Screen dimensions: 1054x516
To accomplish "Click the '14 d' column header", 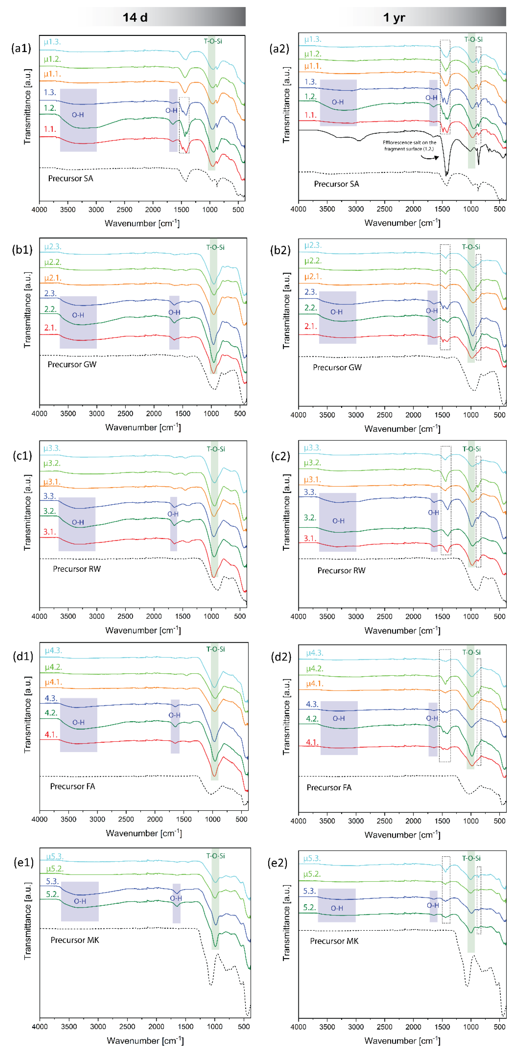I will coord(135,17).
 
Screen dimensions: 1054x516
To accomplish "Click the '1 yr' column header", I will coord(394,17).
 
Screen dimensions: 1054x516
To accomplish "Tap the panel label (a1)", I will coord(21,48).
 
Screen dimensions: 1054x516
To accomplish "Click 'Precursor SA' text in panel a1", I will coord(71,178).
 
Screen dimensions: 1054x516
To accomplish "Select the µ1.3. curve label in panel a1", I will coord(52,42).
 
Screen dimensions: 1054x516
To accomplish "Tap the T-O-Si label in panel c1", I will coord(216,449).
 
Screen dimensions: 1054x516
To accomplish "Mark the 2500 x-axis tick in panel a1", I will coord(124,209).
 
